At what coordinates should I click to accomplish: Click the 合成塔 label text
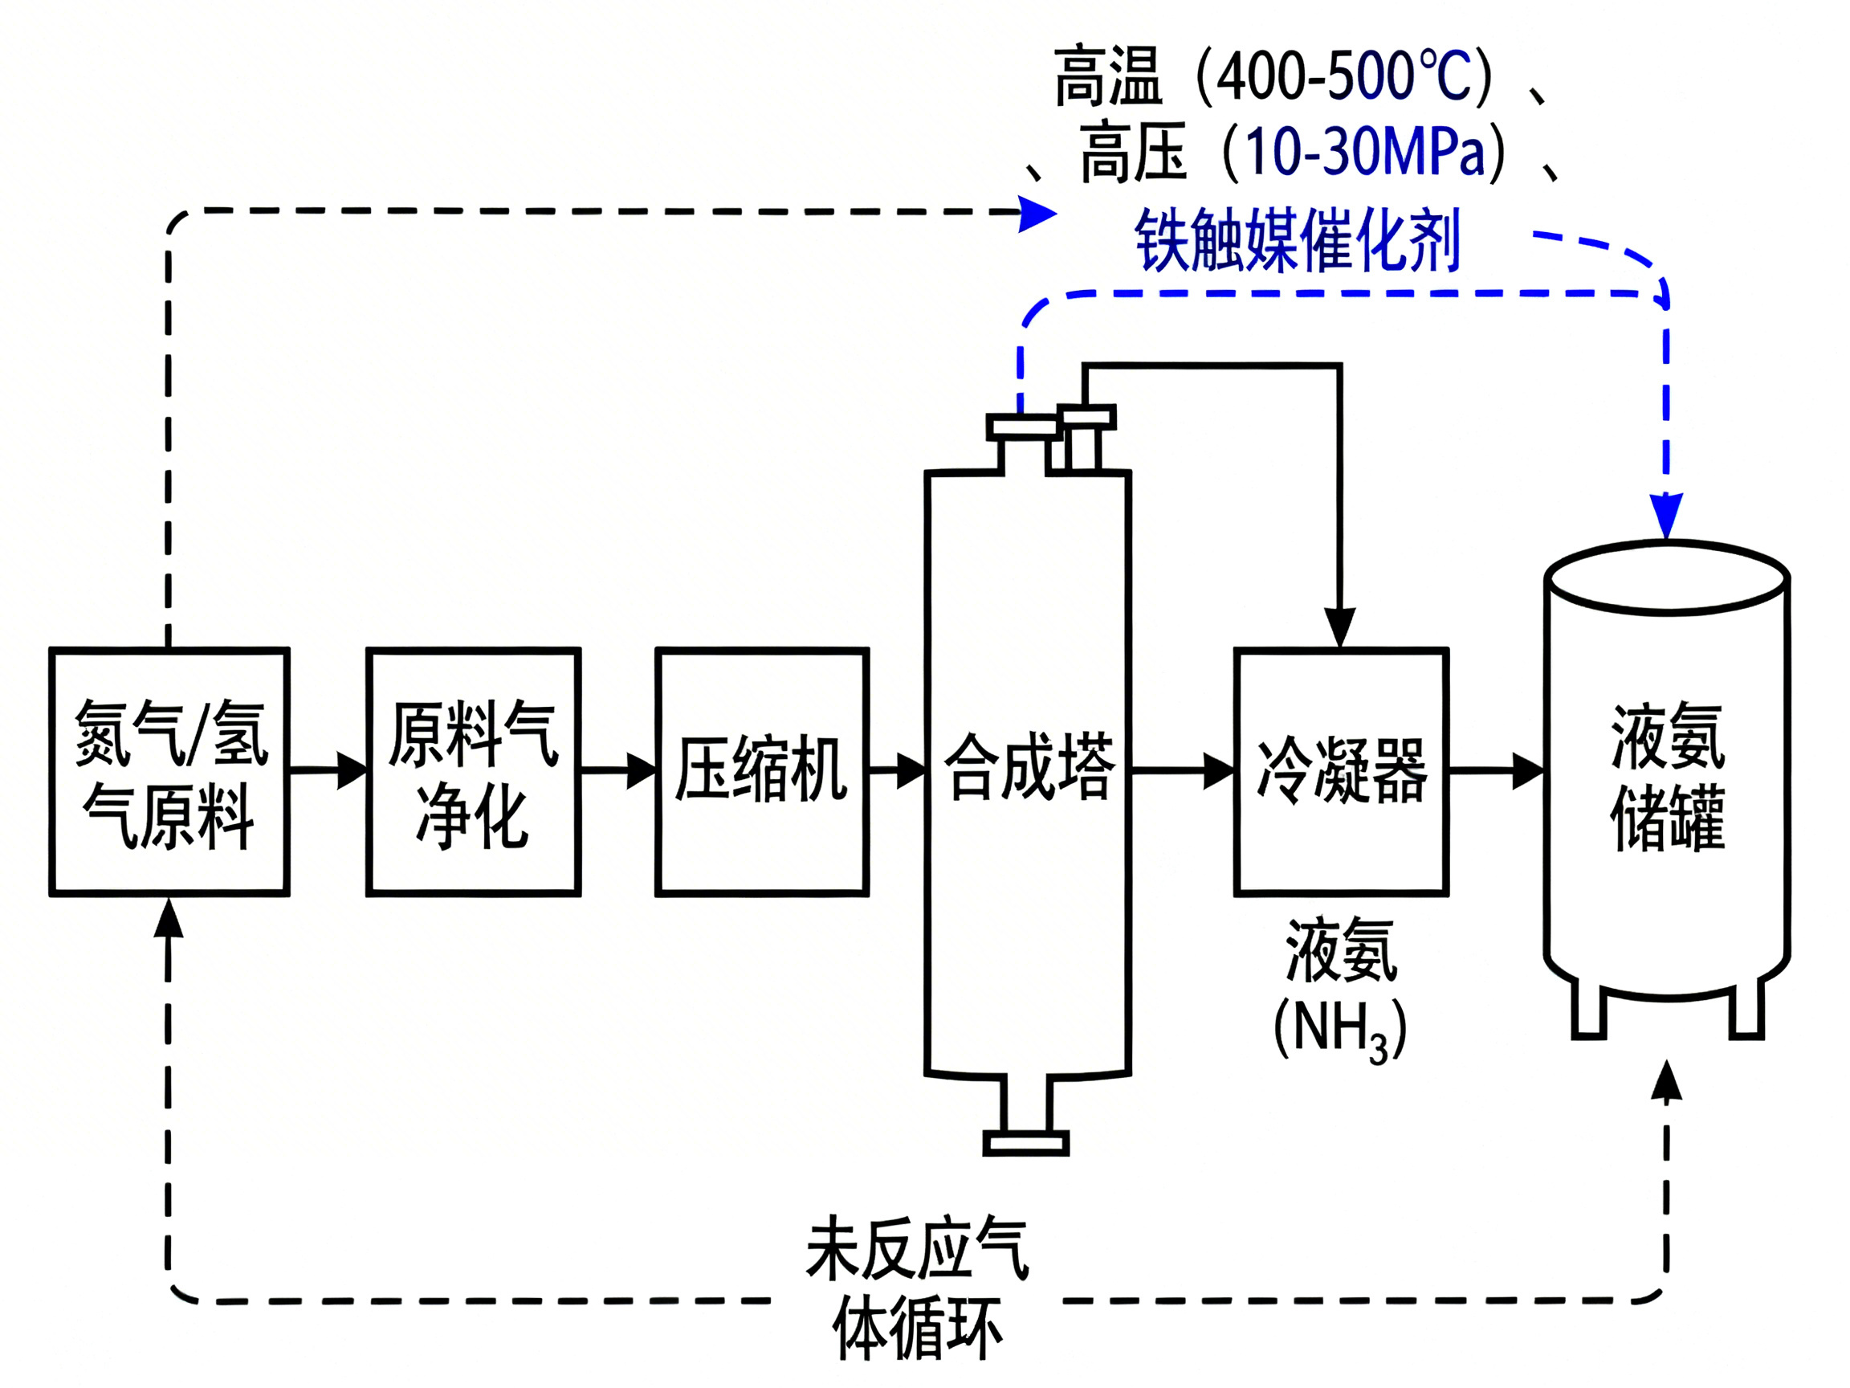point(1029,766)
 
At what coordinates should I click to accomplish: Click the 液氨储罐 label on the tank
point(1667,778)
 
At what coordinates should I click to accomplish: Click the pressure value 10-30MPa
point(1364,153)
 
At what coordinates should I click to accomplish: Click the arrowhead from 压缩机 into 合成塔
point(911,770)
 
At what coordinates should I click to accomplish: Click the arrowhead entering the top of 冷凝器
point(1340,627)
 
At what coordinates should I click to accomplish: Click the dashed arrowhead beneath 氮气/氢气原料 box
point(169,919)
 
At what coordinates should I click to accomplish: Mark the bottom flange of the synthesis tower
point(1025,1143)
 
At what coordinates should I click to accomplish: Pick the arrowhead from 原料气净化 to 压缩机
point(642,770)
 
